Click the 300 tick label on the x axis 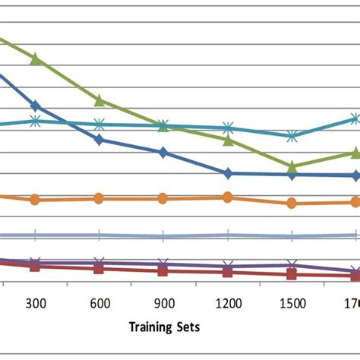(35, 303)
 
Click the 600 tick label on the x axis (99, 303)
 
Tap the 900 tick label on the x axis (163, 303)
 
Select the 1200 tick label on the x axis (227, 303)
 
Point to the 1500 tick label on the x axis (292, 303)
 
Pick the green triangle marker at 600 (99, 100)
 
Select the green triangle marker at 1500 (292, 165)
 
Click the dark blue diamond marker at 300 (35, 106)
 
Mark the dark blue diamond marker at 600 (99, 140)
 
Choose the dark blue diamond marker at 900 (163, 153)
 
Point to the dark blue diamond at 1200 (227, 173)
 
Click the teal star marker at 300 (35, 120)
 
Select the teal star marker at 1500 (292, 136)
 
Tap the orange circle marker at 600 (99, 198)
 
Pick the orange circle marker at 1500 (292, 203)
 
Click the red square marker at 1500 (292, 274)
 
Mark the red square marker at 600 (99, 269)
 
